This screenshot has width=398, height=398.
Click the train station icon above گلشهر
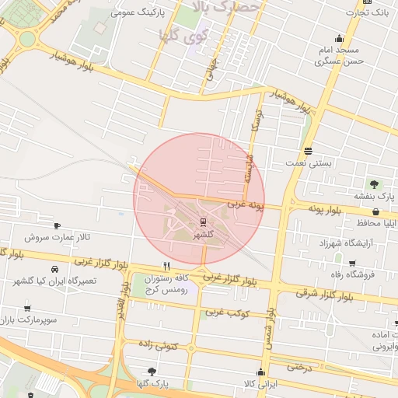coord(204,222)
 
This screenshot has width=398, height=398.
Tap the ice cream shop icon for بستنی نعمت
coord(309,151)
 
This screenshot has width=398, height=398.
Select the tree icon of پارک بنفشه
coord(374,184)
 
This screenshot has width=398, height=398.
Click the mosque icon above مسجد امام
coord(338,38)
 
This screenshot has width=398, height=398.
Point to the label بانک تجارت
coord(369,13)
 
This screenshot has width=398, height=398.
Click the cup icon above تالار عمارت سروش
coord(57,225)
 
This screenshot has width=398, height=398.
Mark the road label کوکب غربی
coord(227,312)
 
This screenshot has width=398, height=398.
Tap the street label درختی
coord(298,365)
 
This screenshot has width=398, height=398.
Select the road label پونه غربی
coord(246,206)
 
